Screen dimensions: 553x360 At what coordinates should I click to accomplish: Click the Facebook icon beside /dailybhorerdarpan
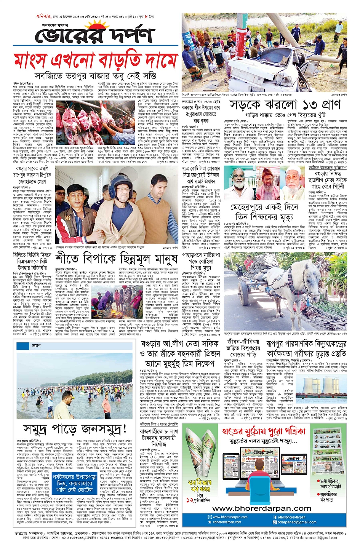coord(275,517)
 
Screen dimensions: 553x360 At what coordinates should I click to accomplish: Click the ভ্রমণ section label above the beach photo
coord(37,346)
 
